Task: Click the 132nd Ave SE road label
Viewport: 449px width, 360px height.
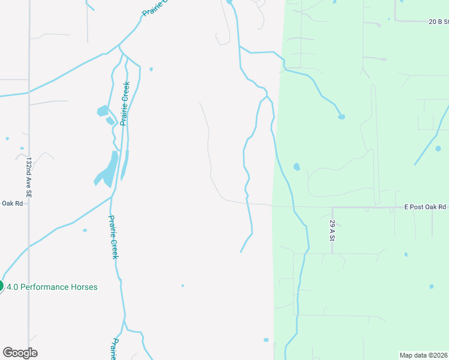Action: pyautogui.click(x=28, y=178)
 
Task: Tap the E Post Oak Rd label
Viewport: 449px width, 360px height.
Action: pyautogui.click(x=425, y=207)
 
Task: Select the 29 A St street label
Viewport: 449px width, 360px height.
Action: pyautogui.click(x=332, y=230)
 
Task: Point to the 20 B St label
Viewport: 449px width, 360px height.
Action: pyautogui.click(x=439, y=21)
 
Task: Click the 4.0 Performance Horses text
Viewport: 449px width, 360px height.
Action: pyautogui.click(x=52, y=287)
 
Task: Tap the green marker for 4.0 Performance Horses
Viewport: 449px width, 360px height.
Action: pyautogui.click(x=1, y=286)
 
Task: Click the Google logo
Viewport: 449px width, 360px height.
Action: pyautogui.click(x=20, y=353)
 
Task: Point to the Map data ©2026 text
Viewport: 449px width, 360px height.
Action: pyautogui.click(x=424, y=355)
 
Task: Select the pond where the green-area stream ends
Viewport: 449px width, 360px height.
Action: pyautogui.click(x=341, y=116)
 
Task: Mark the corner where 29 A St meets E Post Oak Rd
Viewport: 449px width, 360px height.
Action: pyautogui.click(x=333, y=208)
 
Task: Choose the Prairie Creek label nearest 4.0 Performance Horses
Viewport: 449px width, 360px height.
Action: pyautogui.click(x=113, y=236)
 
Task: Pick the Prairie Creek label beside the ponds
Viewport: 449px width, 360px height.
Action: pyautogui.click(x=125, y=103)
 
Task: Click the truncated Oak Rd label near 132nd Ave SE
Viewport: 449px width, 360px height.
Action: pyautogui.click(x=11, y=203)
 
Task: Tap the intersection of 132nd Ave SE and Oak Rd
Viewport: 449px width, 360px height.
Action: pyautogui.click(x=28, y=203)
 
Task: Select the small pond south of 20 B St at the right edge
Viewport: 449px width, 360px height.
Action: pyautogui.click(x=438, y=148)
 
